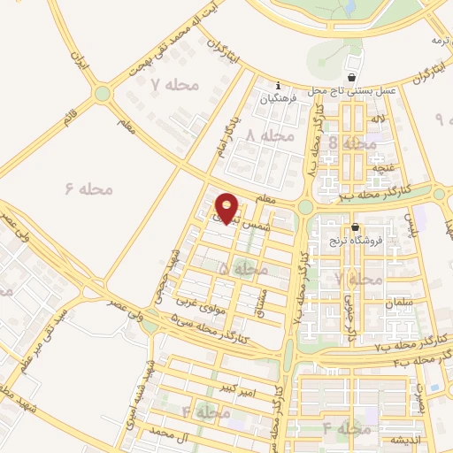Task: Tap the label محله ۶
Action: [x=81, y=188]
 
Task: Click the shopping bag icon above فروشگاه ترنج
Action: [x=355, y=226]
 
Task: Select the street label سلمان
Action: [x=399, y=303]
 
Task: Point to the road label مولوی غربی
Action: [x=203, y=305]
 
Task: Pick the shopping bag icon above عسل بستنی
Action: [x=353, y=78]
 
